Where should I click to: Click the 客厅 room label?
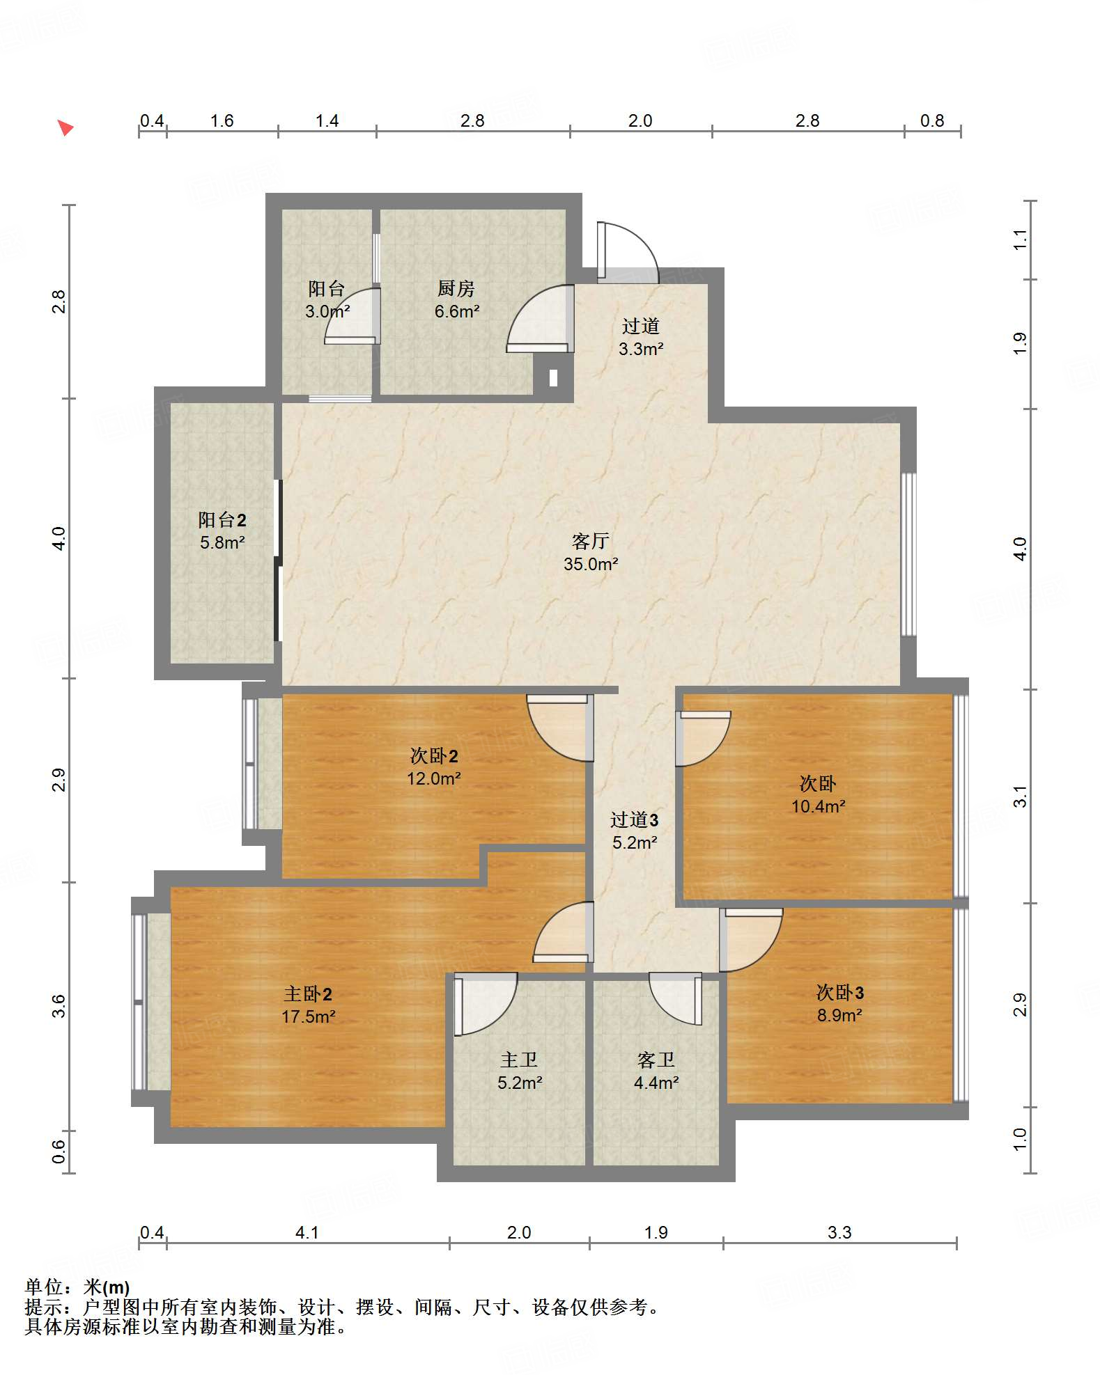click(590, 541)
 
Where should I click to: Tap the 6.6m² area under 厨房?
click(456, 311)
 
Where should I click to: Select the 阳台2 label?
click(222, 519)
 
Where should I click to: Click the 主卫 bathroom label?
click(519, 1060)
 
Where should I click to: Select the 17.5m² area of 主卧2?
click(308, 1016)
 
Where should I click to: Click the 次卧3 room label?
click(839, 992)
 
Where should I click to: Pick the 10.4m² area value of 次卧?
click(818, 806)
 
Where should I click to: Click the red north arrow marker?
click(65, 127)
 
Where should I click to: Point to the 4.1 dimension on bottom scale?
click(307, 1232)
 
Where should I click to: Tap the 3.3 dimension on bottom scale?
click(839, 1232)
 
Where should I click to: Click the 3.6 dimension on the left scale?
click(59, 1006)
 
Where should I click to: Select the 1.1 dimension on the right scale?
click(1020, 239)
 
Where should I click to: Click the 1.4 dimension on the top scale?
click(326, 121)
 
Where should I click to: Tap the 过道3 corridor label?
click(634, 819)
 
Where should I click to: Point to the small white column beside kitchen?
click(553, 377)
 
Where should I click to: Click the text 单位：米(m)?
click(77, 1287)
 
